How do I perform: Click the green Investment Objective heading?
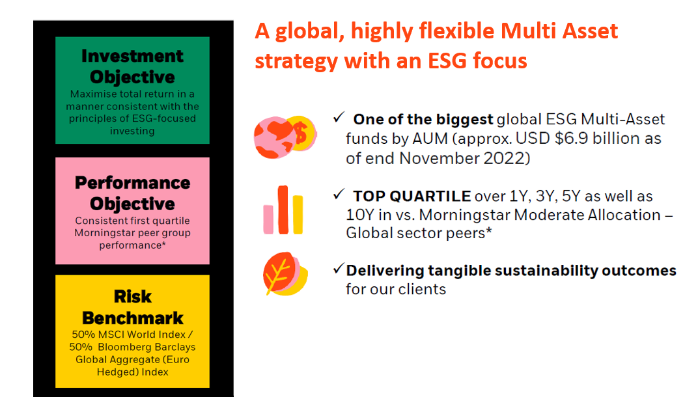132,66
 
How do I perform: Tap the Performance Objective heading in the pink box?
132,193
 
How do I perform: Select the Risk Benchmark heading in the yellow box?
132,307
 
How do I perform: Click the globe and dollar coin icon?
285,137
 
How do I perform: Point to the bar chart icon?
283,210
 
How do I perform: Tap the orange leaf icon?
285,273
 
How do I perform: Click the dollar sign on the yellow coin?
301,133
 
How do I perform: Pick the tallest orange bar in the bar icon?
283,210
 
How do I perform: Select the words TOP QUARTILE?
412,197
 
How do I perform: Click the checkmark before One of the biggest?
339,117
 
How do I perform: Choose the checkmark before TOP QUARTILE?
339,194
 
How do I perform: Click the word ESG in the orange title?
447,61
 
